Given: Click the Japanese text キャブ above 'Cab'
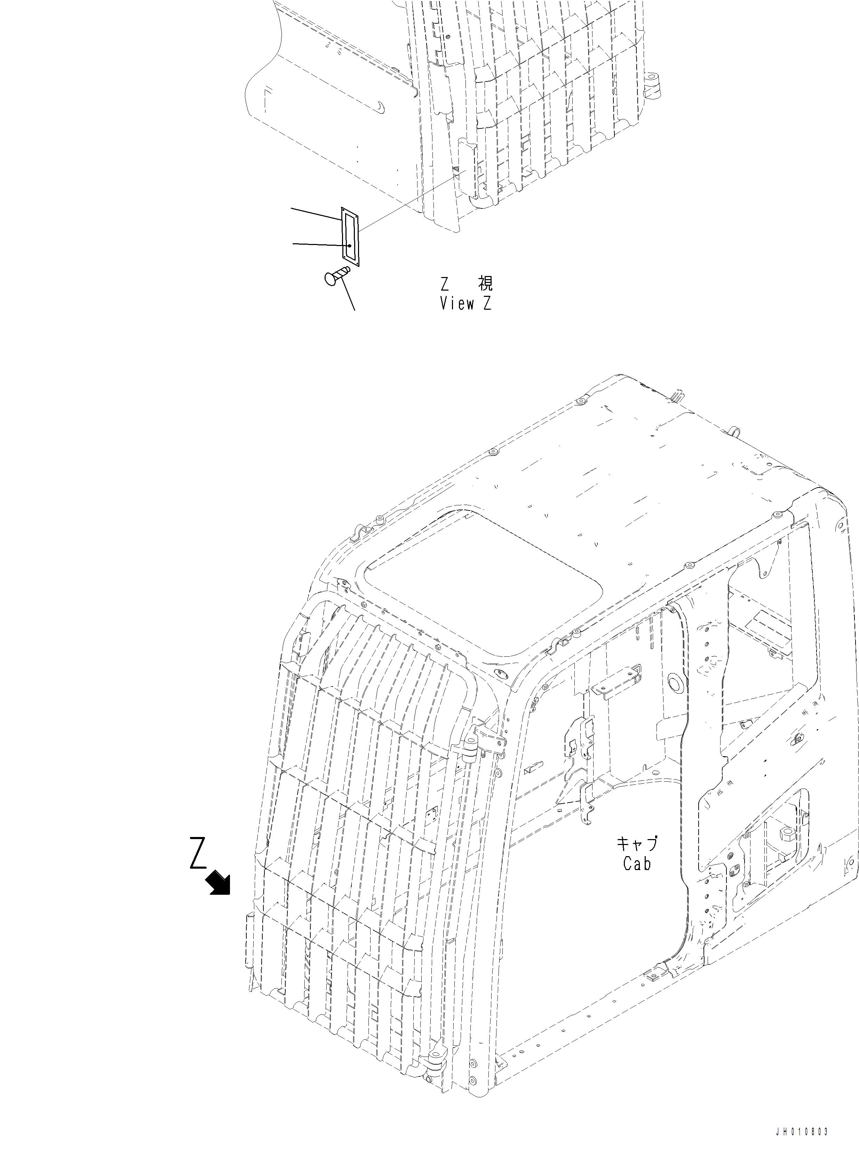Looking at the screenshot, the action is coord(637,843).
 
